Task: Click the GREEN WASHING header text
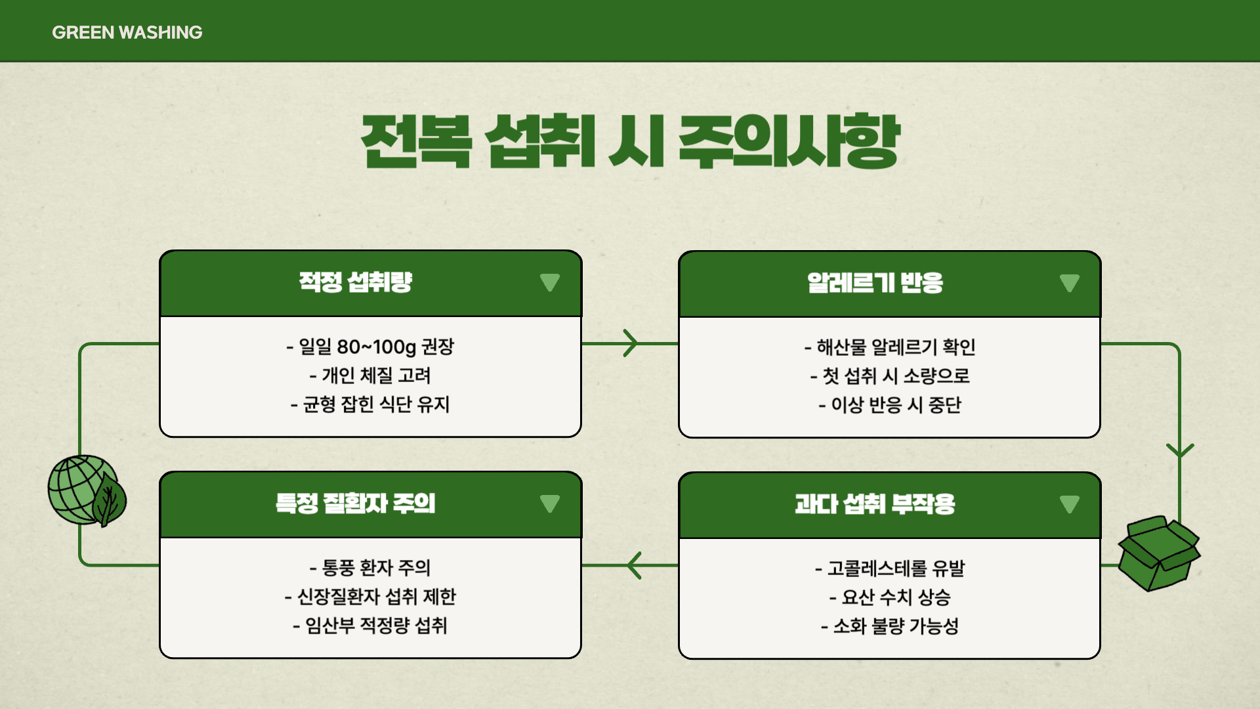pyautogui.click(x=127, y=32)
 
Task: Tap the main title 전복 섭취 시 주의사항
pyautogui.click(x=630, y=141)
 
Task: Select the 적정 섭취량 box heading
pyautogui.click(x=355, y=282)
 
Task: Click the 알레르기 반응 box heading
pyautogui.click(x=875, y=283)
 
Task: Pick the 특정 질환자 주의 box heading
pyautogui.click(x=355, y=504)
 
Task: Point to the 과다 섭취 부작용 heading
pyautogui.click(x=875, y=504)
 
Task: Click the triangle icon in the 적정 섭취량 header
pyautogui.click(x=549, y=282)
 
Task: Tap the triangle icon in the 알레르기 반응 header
pyautogui.click(x=1069, y=283)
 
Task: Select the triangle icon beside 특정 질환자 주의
pyautogui.click(x=549, y=504)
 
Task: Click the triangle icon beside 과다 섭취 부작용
pyautogui.click(x=1069, y=504)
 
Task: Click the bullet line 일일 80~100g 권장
pyautogui.click(x=370, y=347)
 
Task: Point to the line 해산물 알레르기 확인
pyautogui.click(x=890, y=347)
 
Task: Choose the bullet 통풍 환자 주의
pyautogui.click(x=370, y=567)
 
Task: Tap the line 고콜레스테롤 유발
pyautogui.click(x=890, y=568)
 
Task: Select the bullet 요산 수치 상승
pyautogui.click(x=890, y=597)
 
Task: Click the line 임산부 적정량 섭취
pyautogui.click(x=370, y=625)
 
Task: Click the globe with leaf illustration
pyautogui.click(x=87, y=491)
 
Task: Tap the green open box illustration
pyautogui.click(x=1159, y=553)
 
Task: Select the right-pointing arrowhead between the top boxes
pyautogui.click(x=631, y=343)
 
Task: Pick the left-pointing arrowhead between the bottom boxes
pyautogui.click(x=634, y=565)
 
